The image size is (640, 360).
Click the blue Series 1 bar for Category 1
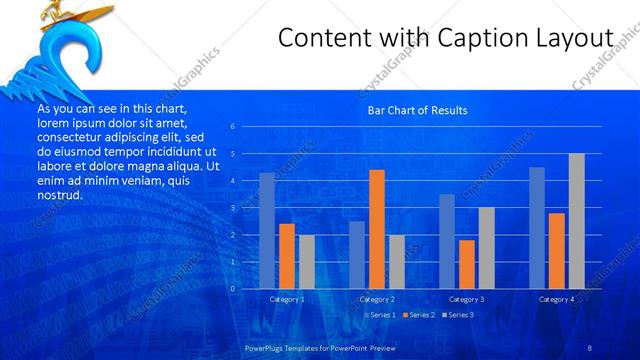click(x=266, y=231)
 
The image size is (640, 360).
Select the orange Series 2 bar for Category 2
click(x=376, y=229)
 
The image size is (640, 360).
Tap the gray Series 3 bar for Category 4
click(x=576, y=221)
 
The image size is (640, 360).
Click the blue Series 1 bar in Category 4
click(x=537, y=228)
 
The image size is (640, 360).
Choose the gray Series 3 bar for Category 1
click(x=306, y=262)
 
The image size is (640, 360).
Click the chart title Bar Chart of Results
click(x=417, y=110)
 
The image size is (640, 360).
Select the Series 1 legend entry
click(x=382, y=315)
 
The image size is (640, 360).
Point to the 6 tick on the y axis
click(x=232, y=127)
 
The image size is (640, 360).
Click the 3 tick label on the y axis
click(x=232, y=208)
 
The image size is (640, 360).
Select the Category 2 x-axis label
click(x=377, y=299)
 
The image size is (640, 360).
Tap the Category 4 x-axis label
click(x=556, y=299)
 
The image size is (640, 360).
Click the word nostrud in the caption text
click(x=59, y=195)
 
